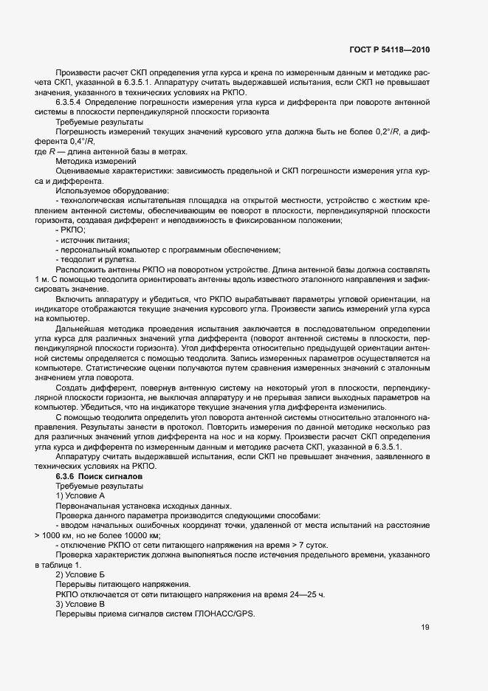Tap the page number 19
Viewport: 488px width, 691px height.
425,628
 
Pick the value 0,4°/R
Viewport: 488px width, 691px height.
83,140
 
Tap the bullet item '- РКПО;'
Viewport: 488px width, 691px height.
70,230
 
